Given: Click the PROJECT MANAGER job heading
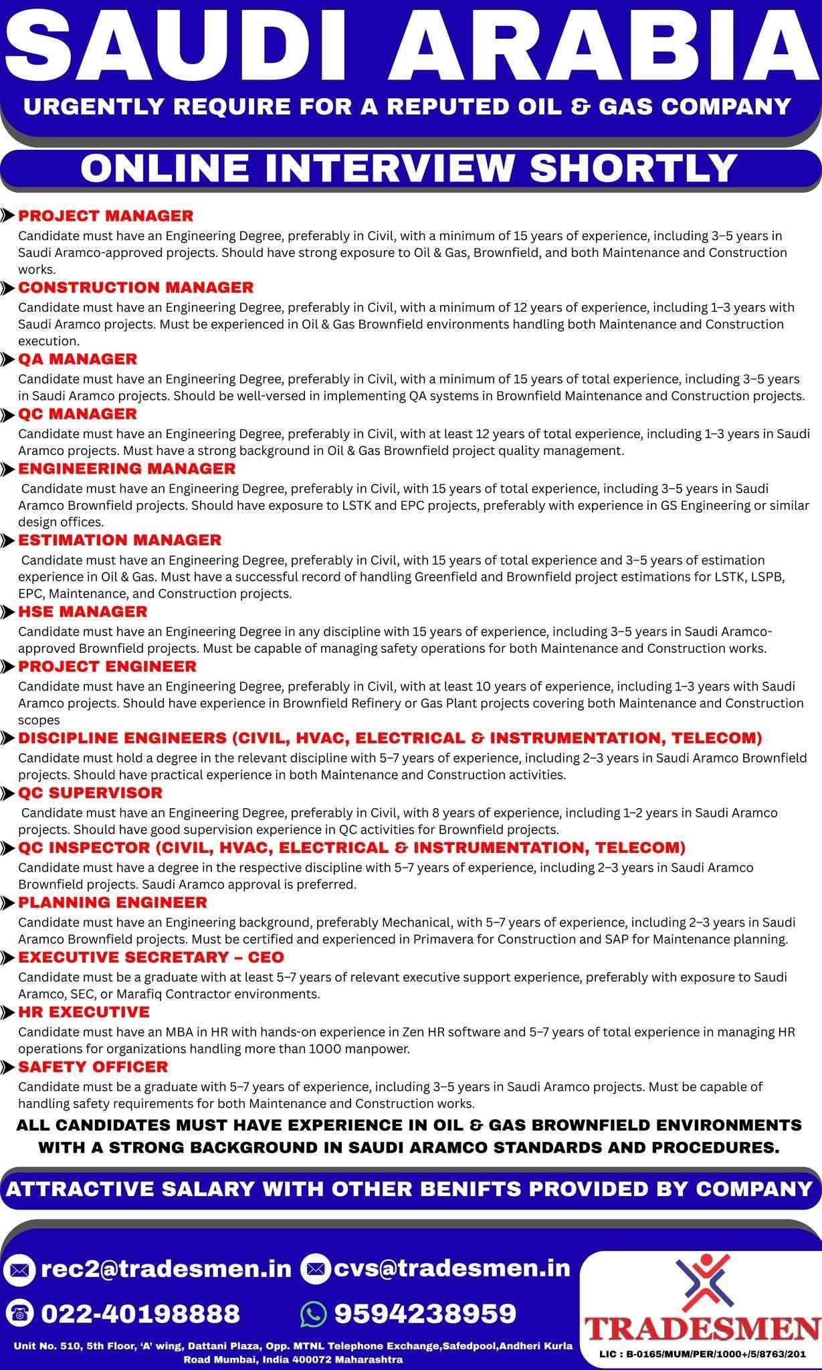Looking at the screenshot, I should (x=106, y=215).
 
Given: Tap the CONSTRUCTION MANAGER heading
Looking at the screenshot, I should (x=136, y=287).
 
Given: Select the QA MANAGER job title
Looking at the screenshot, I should (x=78, y=359).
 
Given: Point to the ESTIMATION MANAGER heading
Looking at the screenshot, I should (x=120, y=540).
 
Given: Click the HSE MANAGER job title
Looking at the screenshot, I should (x=83, y=611).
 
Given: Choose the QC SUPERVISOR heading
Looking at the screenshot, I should (x=90, y=793).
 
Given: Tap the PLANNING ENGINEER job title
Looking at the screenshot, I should (x=113, y=902).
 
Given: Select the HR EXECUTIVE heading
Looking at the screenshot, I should (x=84, y=1011).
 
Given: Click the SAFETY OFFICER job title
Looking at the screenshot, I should (x=93, y=1066).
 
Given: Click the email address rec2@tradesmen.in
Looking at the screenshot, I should (x=167, y=1268).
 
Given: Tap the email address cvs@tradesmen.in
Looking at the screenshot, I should (x=448, y=1268).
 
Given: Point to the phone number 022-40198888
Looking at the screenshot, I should (x=140, y=1312).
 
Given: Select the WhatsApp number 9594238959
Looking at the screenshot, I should (x=425, y=1312).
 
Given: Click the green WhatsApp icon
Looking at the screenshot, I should (x=314, y=1313).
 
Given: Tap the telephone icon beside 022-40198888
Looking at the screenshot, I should (x=21, y=1313).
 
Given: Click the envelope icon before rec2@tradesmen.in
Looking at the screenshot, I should (x=21, y=1269).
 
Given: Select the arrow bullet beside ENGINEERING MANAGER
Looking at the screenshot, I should (x=8, y=468).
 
